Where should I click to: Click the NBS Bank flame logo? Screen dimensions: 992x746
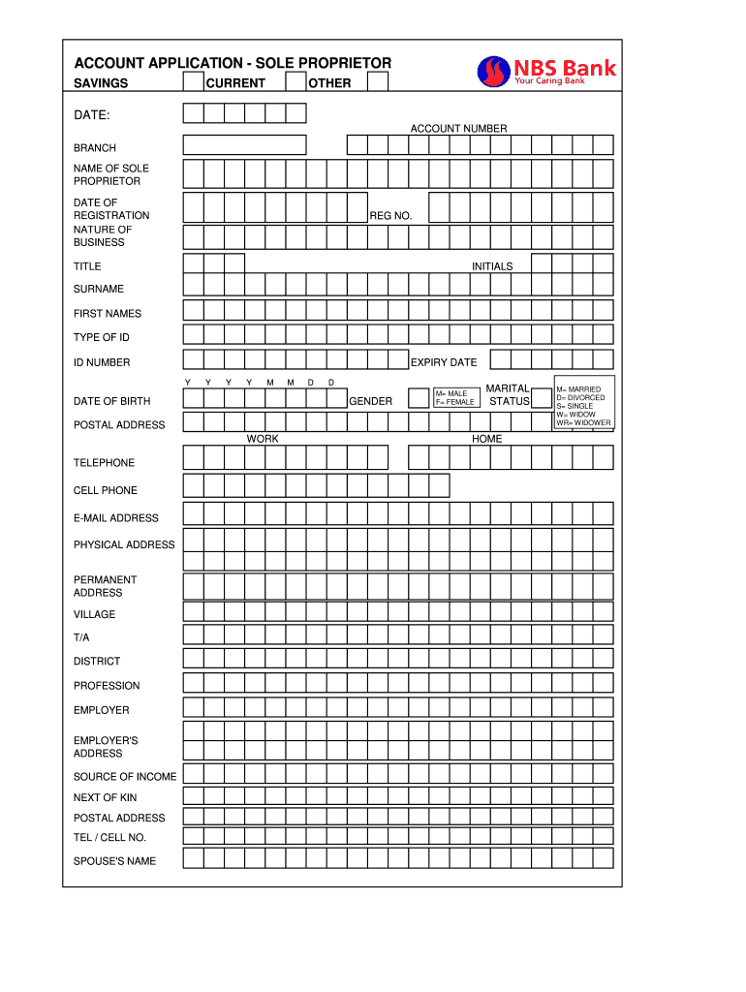pos(493,71)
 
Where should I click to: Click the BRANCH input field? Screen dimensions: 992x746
pos(244,145)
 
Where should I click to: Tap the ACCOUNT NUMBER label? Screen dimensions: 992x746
pos(458,129)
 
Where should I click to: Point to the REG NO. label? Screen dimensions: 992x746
pos(390,216)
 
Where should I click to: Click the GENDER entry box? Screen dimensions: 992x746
pos(418,398)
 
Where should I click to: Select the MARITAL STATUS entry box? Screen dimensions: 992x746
pos(542,398)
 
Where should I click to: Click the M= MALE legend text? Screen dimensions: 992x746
pos(451,394)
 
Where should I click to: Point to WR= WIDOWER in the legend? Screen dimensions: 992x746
pos(583,423)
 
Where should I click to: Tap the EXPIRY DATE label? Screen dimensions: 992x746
pos(444,363)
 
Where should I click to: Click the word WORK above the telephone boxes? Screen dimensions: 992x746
pos(263,440)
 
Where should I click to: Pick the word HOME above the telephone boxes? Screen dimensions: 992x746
pos(486,440)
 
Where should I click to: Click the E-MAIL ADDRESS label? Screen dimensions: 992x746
pos(116,518)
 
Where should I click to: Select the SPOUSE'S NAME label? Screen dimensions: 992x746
pos(114,861)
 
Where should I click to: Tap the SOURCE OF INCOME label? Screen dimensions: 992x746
pos(125,777)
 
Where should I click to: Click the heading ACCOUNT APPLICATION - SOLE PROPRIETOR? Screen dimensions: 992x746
pos(233,63)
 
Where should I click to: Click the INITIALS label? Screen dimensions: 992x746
pos(492,266)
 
